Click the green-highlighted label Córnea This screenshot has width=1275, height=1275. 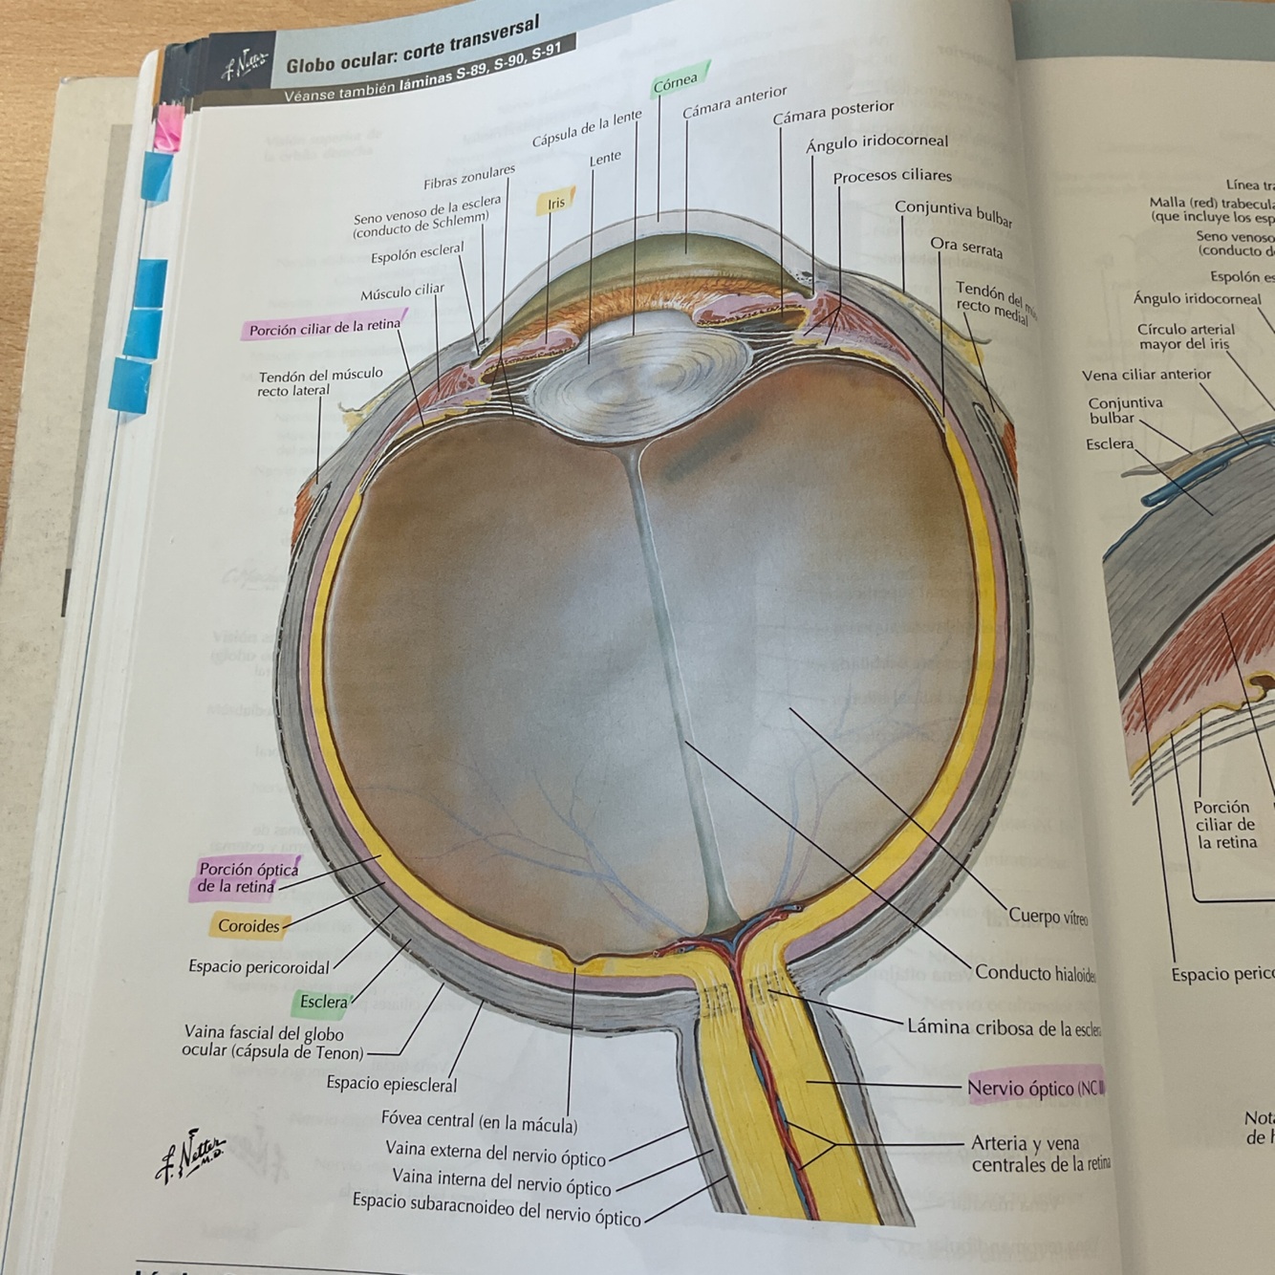tap(676, 83)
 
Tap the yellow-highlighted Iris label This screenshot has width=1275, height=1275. tap(556, 203)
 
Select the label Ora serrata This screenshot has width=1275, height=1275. tap(966, 248)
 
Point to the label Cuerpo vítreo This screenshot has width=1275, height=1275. tap(1048, 917)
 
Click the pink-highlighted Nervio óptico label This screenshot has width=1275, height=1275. tap(1035, 1088)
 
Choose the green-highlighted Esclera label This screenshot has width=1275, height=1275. tap(323, 1002)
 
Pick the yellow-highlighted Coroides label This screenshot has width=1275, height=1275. tap(249, 925)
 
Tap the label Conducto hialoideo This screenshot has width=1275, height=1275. tap(1035, 973)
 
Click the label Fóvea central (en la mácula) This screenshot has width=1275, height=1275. tap(479, 1120)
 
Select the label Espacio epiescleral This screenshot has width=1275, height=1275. tap(391, 1084)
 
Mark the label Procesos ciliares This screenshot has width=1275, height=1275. tap(892, 176)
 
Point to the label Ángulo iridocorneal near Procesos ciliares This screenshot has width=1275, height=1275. tap(876, 143)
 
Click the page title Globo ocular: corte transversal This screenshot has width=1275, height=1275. tap(413, 48)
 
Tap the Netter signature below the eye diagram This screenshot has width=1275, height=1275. tap(191, 1154)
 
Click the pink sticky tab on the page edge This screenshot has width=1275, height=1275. tap(169, 126)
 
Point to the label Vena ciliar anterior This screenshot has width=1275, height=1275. tap(1146, 375)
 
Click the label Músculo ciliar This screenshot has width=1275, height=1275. tap(401, 292)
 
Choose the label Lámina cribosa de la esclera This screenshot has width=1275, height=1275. tap(1004, 1028)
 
